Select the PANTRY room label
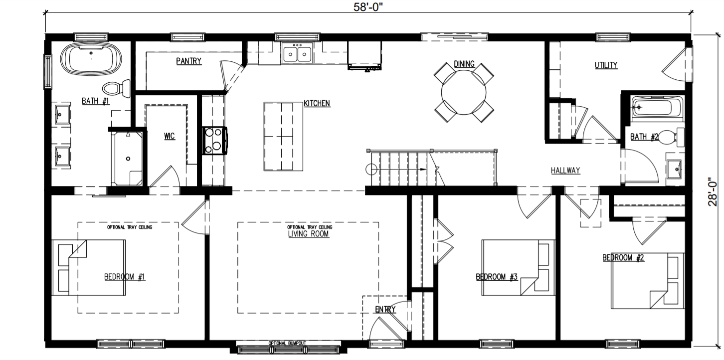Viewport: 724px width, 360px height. click(188, 61)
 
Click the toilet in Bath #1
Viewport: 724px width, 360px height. click(116, 89)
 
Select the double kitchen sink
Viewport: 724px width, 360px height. click(297, 53)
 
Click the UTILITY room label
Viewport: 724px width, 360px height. click(606, 65)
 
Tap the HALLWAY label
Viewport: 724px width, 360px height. click(565, 171)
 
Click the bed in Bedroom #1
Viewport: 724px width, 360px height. click(90, 268)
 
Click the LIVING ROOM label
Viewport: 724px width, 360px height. click(309, 234)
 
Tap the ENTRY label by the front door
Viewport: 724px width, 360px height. click(385, 310)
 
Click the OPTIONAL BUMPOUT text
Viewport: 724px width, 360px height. click(287, 344)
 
